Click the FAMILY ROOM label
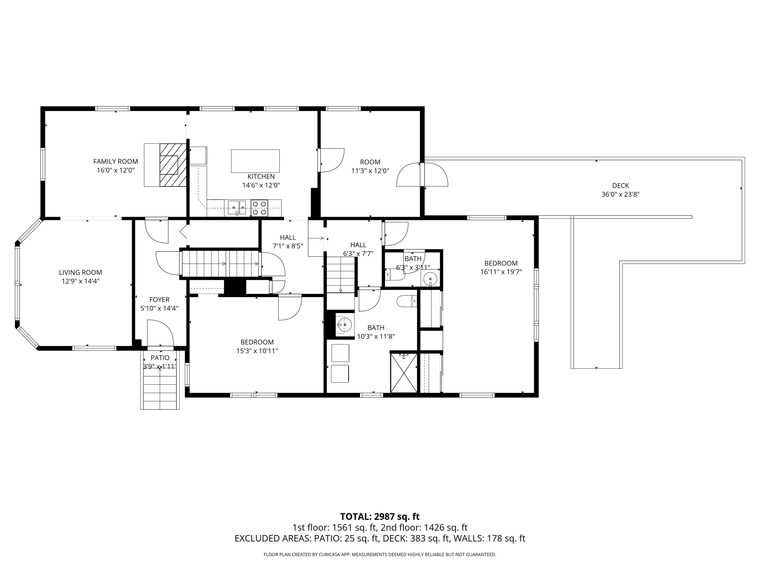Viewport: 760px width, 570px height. [116, 161]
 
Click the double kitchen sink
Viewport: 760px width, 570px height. [237, 207]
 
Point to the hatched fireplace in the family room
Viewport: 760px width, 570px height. [173, 165]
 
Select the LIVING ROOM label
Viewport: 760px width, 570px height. [80, 272]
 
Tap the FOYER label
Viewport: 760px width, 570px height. [159, 300]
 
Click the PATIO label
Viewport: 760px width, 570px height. [160, 358]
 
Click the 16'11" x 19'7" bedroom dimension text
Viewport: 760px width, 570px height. [501, 272]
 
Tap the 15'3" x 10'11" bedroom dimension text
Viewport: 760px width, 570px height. [257, 351]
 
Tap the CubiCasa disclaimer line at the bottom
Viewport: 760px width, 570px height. [380, 555]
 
